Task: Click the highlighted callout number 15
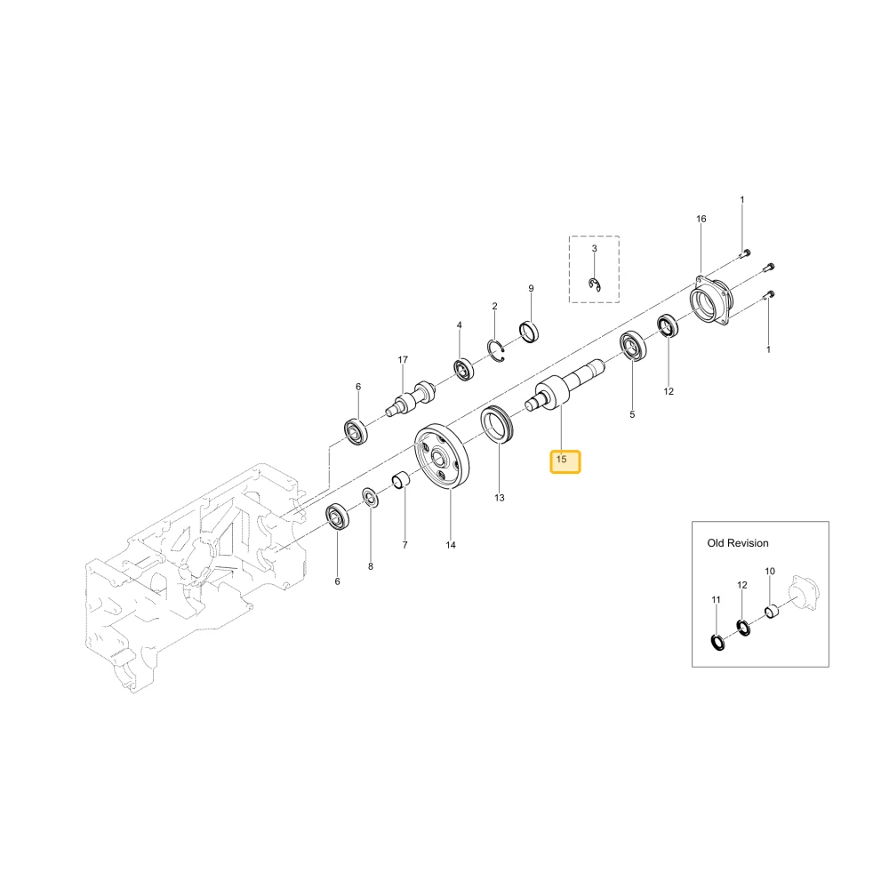(561, 460)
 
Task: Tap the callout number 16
(701, 219)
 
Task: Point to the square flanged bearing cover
(711, 301)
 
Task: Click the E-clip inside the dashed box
(595, 285)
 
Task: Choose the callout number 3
(594, 248)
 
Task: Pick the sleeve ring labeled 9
(530, 332)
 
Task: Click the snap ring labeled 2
(496, 351)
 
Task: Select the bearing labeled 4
(464, 370)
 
